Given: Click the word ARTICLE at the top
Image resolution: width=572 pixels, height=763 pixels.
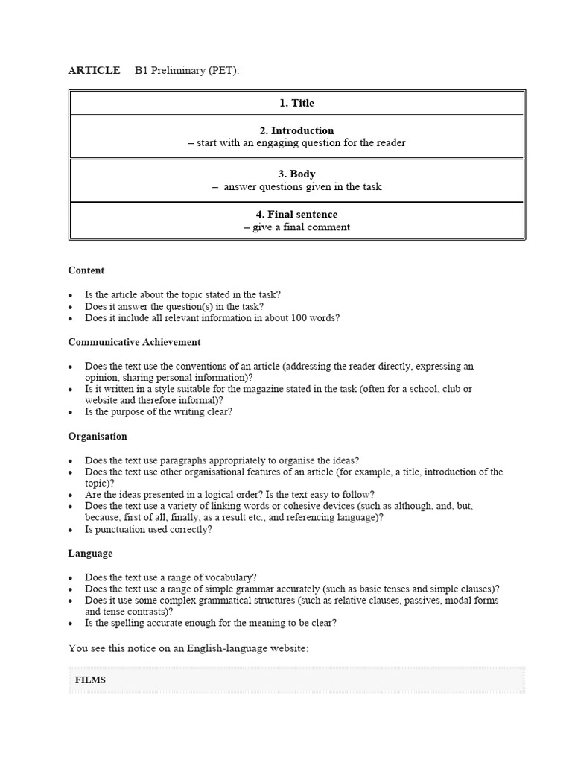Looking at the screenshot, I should (94, 70).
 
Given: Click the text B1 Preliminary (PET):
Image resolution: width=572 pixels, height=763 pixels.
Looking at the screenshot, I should (187, 70).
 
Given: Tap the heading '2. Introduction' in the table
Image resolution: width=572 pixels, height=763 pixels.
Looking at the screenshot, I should (296, 130).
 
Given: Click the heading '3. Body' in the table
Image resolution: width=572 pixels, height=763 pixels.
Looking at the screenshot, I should (296, 174).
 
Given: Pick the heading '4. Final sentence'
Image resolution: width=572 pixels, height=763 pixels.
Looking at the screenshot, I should (296, 215).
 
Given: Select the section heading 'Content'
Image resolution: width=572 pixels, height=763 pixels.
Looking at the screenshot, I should (86, 270).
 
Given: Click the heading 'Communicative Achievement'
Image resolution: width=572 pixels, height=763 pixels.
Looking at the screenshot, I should (134, 342).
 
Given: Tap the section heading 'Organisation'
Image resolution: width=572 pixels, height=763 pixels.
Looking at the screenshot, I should (98, 436).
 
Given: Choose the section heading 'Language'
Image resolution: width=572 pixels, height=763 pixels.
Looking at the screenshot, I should (90, 554).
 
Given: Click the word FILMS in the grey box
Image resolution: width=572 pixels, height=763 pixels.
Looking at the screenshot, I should (90, 680).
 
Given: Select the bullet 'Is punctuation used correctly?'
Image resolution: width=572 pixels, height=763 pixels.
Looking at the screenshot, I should (148, 530).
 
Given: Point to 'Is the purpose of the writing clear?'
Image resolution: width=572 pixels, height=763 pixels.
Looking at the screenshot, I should (158, 411).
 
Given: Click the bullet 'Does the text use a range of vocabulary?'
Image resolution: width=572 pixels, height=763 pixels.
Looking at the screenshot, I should (171, 577).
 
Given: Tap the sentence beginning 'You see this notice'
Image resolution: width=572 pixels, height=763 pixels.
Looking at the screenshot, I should (188, 648).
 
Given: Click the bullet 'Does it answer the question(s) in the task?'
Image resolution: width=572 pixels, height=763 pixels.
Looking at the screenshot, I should (174, 306).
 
